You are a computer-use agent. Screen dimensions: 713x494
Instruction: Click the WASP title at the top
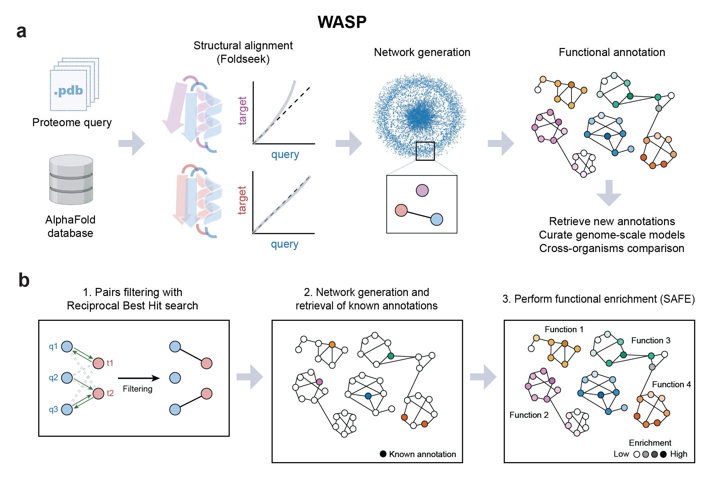coord(342,22)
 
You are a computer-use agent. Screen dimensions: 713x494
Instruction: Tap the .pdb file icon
coord(74,84)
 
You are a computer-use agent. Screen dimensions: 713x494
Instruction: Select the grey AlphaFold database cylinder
coord(71,180)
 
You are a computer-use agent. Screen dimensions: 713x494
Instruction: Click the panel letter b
coord(24,280)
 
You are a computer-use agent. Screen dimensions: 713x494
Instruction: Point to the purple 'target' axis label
coord(242,111)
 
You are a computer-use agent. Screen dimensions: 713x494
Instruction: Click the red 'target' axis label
coord(242,200)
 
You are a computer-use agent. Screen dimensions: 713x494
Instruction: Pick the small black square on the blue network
coord(425,151)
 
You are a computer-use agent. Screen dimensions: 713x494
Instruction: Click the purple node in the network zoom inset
coord(422,191)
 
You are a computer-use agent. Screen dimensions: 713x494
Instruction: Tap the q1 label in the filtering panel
coord(53,346)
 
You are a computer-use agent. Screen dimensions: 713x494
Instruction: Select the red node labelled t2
coord(99,393)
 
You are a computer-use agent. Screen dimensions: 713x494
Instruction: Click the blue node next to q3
coord(67,409)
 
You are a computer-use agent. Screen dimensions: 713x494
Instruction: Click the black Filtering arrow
coord(139,378)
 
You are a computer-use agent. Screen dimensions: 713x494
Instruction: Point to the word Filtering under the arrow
coord(138,389)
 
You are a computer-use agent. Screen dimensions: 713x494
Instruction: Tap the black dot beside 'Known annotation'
coord(383,454)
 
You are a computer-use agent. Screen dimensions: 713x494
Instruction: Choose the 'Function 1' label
coord(564,330)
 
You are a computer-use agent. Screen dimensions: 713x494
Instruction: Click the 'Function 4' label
coord(671,385)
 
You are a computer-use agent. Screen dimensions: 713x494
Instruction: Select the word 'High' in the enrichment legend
coord(679,454)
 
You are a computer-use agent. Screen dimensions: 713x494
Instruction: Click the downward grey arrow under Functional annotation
coord(609,193)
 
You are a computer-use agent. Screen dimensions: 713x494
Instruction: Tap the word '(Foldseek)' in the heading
coord(243,59)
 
